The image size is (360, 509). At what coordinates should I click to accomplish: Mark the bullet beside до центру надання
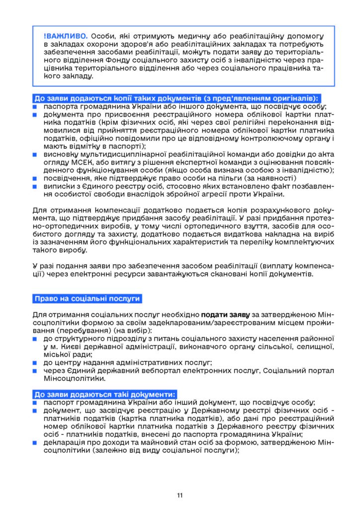click(36, 363)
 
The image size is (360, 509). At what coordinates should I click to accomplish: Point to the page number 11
click(180, 496)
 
